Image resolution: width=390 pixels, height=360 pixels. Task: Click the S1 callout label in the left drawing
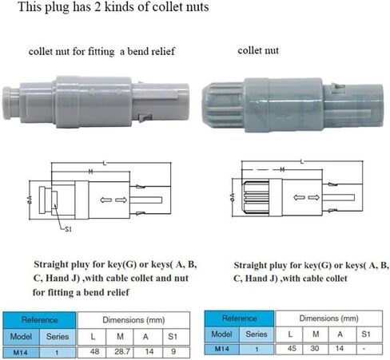68,229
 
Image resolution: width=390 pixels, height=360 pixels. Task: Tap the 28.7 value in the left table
122,352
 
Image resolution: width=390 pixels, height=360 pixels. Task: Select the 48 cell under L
94,352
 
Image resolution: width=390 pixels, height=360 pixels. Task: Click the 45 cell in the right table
292,348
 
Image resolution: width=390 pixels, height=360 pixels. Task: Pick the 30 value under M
315,348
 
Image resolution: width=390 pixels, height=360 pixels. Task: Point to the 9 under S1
173,352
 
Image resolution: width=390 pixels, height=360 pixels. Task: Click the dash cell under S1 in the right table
364,349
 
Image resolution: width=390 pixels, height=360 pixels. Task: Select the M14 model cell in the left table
21,353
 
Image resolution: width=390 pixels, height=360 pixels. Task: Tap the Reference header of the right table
239,318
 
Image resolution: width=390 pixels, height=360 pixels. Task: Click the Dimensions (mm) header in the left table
133,320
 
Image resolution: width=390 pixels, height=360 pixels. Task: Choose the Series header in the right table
257,334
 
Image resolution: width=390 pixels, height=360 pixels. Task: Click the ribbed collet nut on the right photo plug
223,105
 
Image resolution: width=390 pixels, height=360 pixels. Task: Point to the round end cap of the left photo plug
10,103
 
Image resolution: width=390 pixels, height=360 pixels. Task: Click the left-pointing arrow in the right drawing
299,197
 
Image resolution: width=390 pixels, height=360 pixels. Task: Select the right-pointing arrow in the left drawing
121,200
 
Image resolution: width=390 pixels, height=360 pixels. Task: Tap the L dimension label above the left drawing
105,163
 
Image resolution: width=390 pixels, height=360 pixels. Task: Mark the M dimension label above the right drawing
282,169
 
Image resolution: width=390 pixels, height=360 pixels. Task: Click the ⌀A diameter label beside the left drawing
30,200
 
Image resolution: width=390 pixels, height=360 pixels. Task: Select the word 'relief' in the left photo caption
162,51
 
